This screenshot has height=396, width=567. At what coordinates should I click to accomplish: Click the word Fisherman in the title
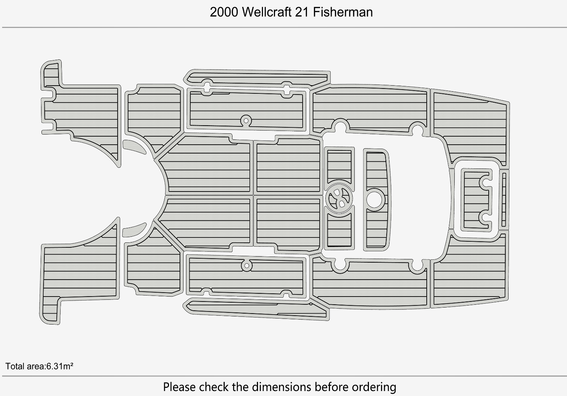coord(343,12)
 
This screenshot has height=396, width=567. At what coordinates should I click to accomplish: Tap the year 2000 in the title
coord(224,12)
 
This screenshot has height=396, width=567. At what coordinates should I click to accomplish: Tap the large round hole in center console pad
coord(375,200)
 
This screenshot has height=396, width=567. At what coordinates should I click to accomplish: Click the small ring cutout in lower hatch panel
coord(247,266)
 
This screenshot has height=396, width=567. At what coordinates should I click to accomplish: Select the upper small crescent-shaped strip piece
coord(134,147)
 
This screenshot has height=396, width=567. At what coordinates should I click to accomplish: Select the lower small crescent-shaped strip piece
coord(134,230)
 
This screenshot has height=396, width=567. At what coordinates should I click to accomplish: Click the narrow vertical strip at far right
coord(504,200)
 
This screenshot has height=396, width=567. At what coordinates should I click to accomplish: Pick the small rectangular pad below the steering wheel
coord(339,230)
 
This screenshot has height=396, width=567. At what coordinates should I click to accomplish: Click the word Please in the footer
coord(179,387)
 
